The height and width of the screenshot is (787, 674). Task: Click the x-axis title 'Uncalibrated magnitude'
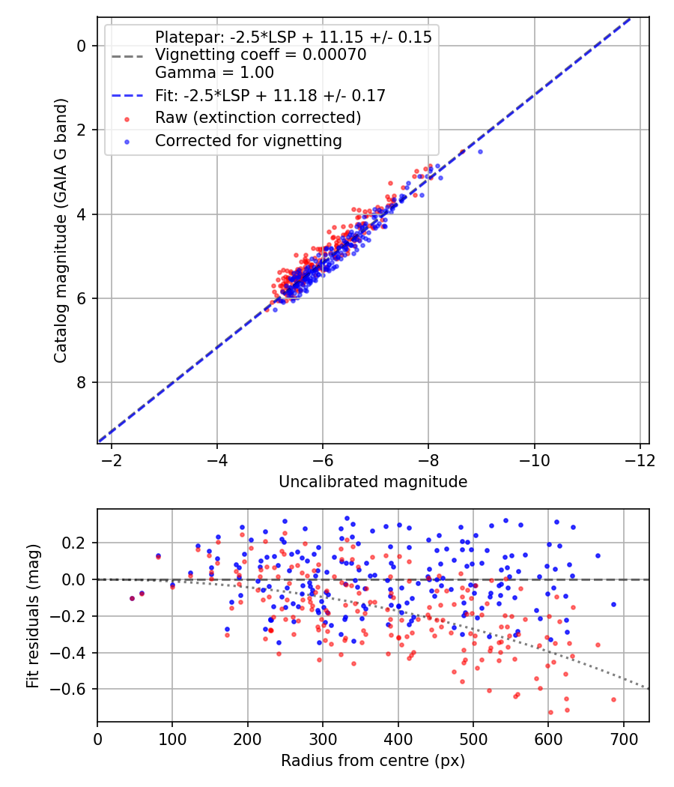point(372,482)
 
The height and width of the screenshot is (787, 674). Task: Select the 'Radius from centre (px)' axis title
point(372,761)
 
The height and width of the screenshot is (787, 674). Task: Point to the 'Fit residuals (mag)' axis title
point(32,616)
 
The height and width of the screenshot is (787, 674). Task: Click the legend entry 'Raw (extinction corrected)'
point(258,118)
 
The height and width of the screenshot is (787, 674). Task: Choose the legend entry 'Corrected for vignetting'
point(248,140)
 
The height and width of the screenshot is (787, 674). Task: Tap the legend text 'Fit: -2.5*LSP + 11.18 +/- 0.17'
point(270,95)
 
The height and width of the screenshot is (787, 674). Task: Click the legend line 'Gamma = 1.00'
point(214,73)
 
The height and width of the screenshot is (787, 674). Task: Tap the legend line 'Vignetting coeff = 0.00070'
point(261,55)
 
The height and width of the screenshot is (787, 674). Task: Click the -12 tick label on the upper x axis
point(640,459)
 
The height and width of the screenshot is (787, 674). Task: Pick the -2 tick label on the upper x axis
point(112,459)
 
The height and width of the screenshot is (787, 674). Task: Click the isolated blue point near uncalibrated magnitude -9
point(480,151)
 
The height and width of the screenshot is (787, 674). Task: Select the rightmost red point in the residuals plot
point(613,699)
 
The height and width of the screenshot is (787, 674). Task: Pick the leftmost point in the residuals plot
point(132,598)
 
